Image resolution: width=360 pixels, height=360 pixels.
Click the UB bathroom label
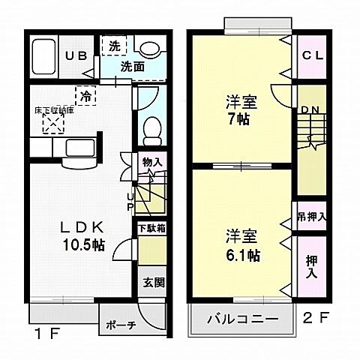pyautogui.click(x=73, y=55)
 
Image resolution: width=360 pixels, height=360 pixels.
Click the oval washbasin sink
pyautogui.click(x=151, y=49)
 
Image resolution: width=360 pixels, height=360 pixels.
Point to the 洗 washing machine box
pyautogui.click(x=114, y=46)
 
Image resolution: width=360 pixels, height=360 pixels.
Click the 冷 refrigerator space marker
pyautogui.click(x=87, y=96)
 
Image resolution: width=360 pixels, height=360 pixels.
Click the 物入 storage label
pyautogui.click(x=152, y=161)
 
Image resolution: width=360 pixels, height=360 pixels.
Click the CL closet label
pyautogui.click(x=312, y=56)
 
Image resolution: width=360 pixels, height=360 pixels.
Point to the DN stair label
pyautogui.click(x=310, y=110)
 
